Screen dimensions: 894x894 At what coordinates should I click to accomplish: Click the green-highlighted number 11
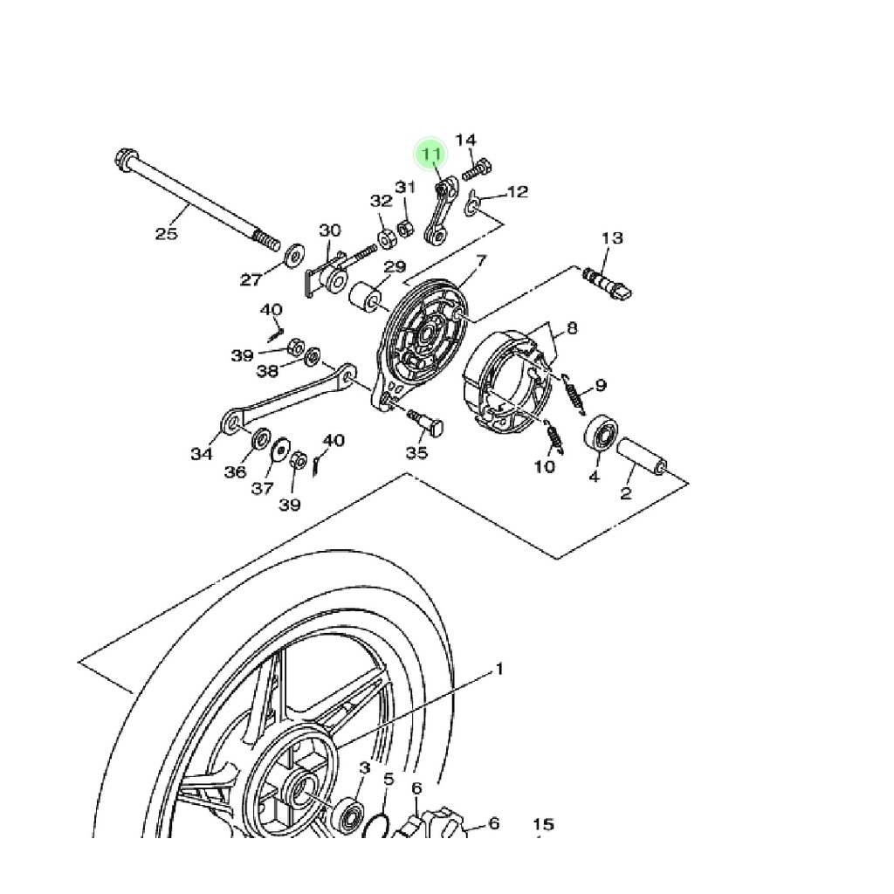coord(430,154)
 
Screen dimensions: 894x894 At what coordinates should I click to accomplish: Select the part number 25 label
coord(167,233)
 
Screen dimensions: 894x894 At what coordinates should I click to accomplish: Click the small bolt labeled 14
coord(478,169)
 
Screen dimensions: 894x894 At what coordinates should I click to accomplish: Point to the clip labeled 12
coord(472,204)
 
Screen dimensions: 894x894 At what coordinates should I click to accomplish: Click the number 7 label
coord(481,261)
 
